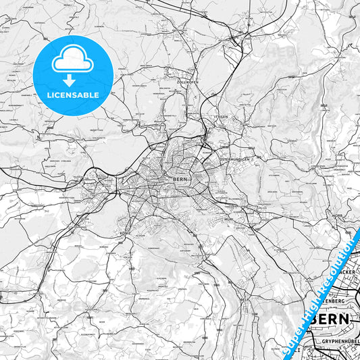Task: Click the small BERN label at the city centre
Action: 180,178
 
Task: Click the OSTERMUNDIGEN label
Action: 236,159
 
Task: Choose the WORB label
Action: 338,215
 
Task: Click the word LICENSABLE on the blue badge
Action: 72,95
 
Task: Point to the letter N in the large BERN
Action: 344,318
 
